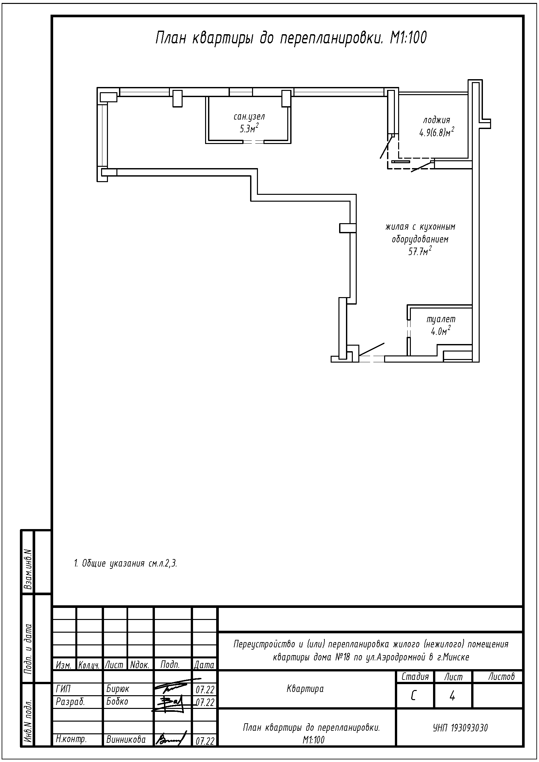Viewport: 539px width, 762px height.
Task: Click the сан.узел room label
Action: tap(249, 117)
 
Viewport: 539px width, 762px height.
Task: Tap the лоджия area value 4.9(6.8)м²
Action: tap(437, 132)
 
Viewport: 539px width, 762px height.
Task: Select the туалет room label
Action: tap(441, 319)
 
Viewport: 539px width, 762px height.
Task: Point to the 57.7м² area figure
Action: tap(420, 251)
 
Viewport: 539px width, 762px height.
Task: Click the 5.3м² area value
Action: tap(249, 128)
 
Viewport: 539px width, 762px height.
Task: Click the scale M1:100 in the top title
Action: tap(408, 38)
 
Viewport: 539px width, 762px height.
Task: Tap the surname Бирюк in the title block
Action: tap(118, 689)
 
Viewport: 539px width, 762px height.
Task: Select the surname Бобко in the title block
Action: tap(117, 702)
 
